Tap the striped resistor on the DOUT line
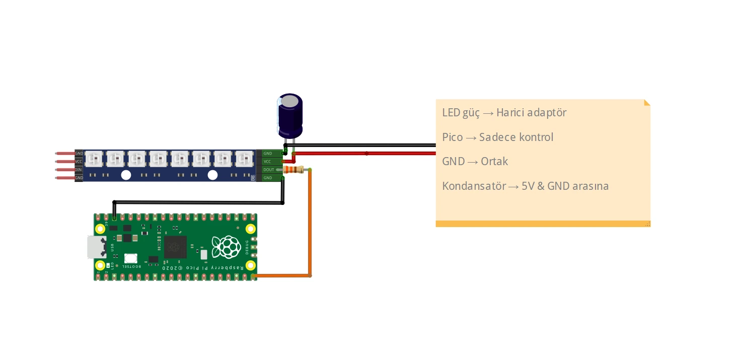coord(293,170)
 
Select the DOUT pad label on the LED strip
coord(269,170)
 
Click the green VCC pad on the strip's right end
coord(268,161)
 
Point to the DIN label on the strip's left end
coord(79,170)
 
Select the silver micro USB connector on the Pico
coord(95,247)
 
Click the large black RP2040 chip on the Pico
coord(175,247)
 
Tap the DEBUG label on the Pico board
coord(247,247)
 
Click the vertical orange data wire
coord(310,227)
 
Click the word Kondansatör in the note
coord(474,186)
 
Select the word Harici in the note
coord(511,112)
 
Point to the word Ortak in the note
coord(494,162)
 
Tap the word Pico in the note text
coord(453,137)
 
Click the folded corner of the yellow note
coord(647,103)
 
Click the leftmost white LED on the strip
coord(93,159)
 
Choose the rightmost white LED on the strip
coord(244,159)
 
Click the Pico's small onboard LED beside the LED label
coord(117,265)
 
